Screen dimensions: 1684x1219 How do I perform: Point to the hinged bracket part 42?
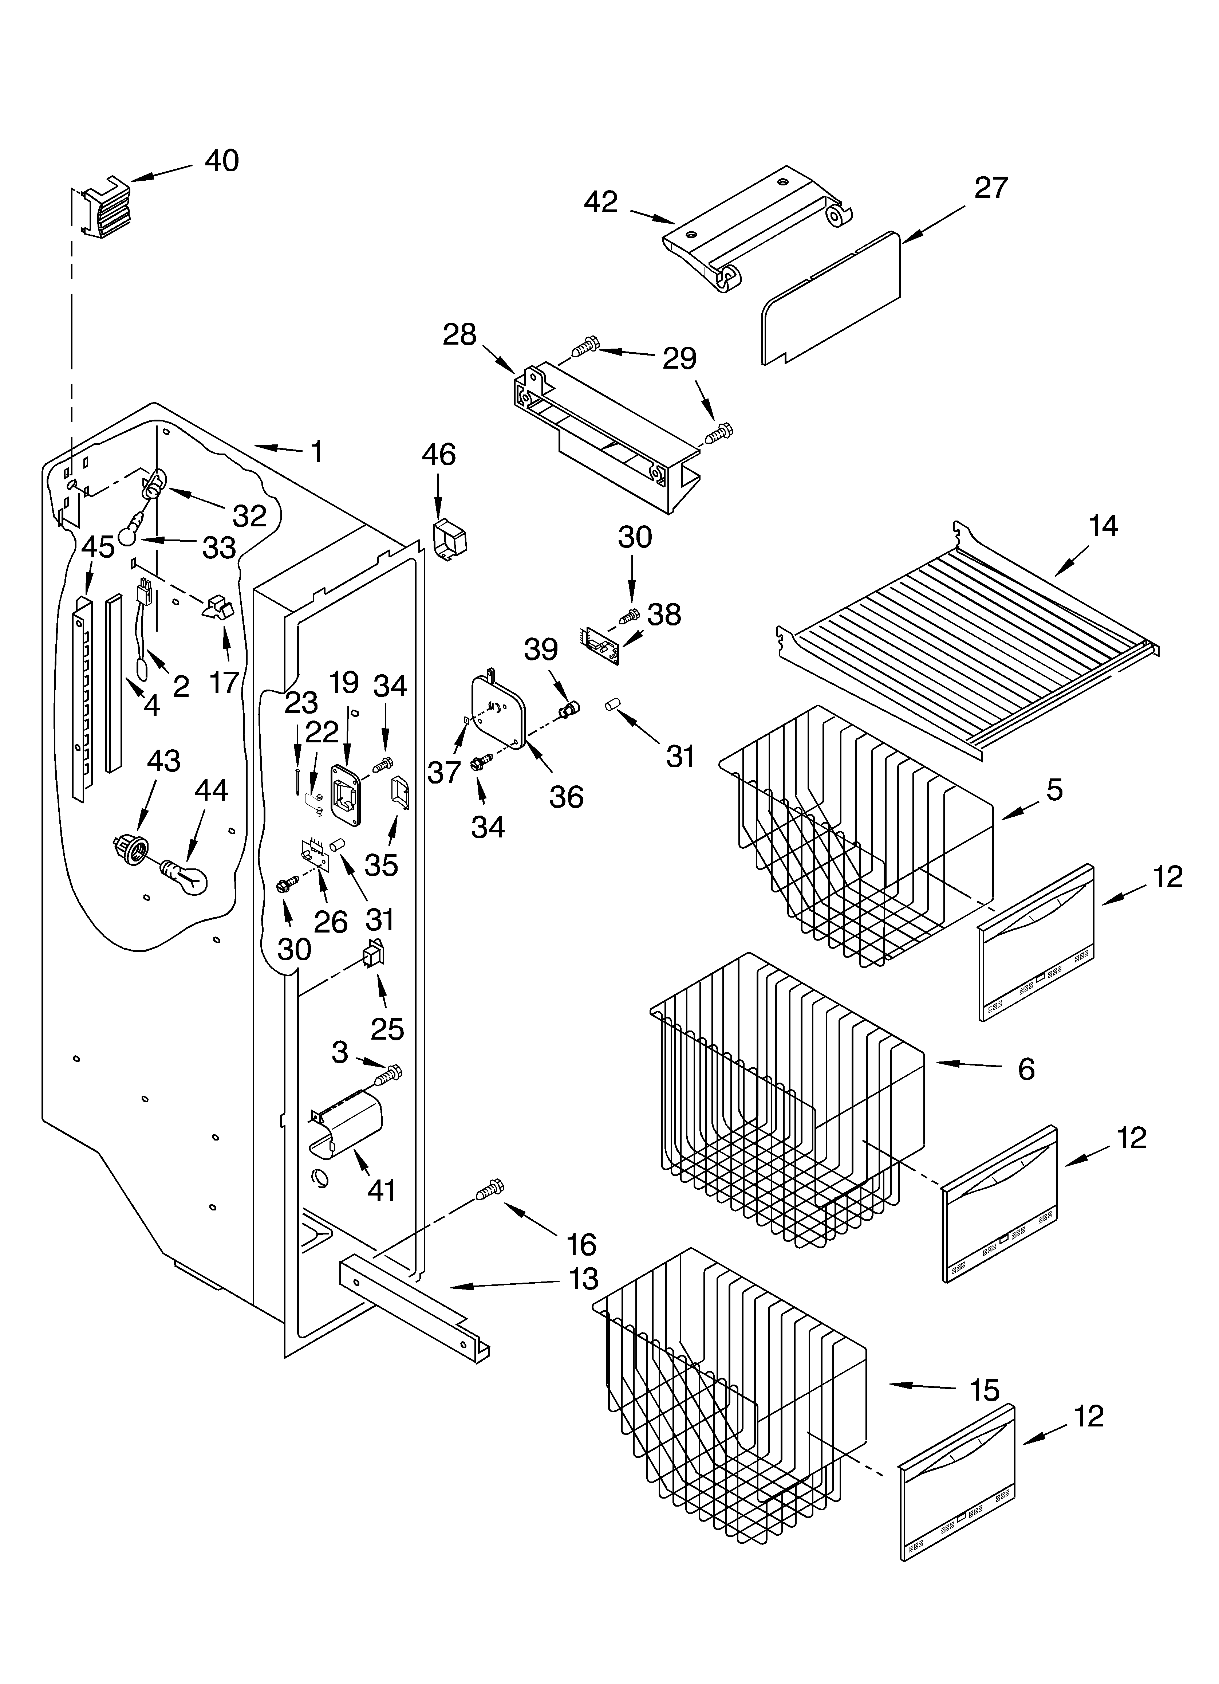[757, 230]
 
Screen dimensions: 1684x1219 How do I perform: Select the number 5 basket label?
[1054, 789]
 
